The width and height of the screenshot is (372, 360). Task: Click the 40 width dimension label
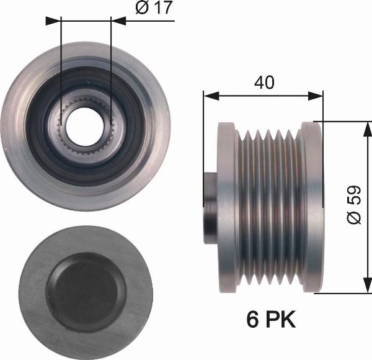click(x=263, y=81)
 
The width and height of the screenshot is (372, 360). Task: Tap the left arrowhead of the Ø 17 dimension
click(x=56, y=20)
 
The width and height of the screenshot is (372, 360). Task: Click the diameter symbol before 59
click(x=354, y=218)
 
